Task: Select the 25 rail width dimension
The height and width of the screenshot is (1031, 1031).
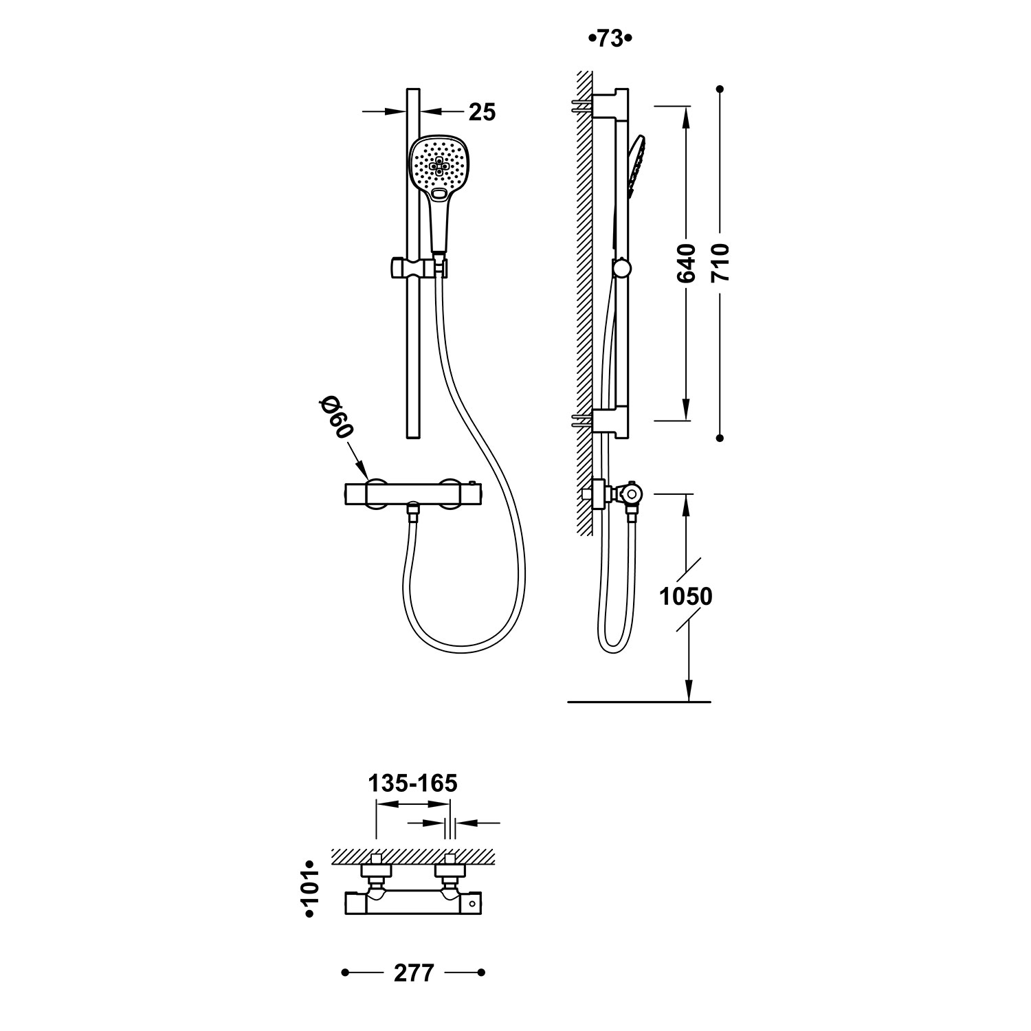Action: point(482,112)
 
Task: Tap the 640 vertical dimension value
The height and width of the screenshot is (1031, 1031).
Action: point(686,263)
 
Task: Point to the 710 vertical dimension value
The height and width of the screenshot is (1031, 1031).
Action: point(720,263)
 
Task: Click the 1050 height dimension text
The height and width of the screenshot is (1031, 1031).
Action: point(685,597)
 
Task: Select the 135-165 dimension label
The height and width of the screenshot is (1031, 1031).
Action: point(412,783)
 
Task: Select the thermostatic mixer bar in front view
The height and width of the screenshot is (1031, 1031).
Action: point(414,494)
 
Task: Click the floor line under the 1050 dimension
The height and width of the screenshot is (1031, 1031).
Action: point(639,702)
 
